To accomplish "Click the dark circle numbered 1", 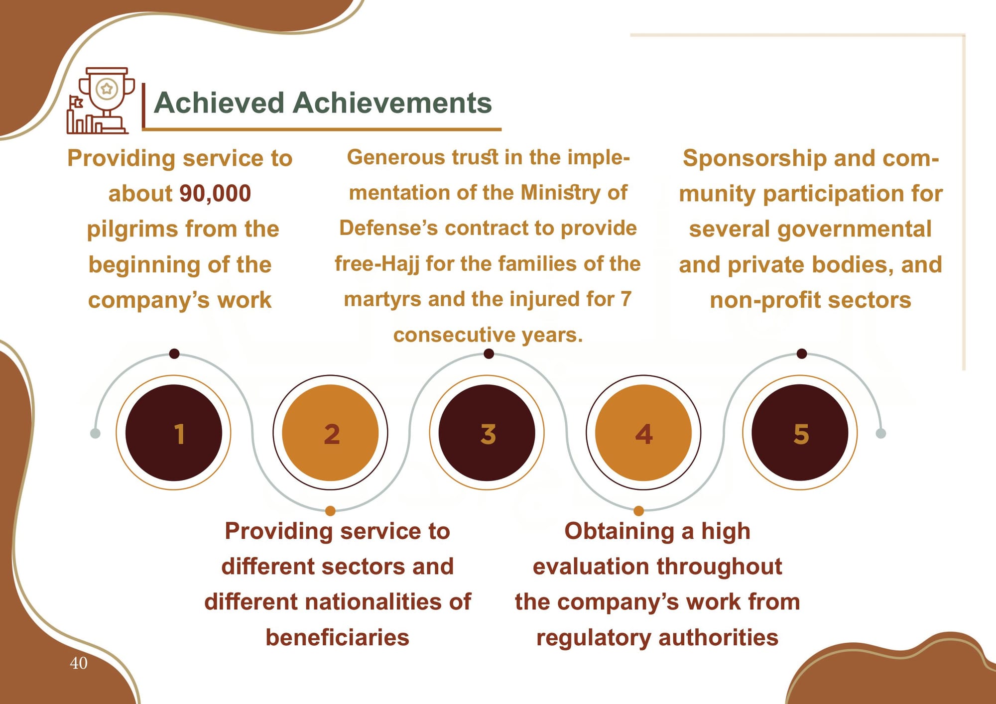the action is (174, 433).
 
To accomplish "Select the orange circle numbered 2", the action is (330, 433).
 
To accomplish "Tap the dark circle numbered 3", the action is (487, 433).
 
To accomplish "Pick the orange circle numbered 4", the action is (643, 433).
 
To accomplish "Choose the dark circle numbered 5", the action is (800, 433).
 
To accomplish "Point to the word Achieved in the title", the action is (219, 103).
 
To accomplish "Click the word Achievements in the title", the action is (392, 103).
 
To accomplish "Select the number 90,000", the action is (215, 194).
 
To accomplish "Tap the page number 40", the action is (79, 663).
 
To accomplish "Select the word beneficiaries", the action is (337, 638).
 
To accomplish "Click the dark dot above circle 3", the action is (489, 353).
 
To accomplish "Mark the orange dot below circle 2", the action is (330, 510).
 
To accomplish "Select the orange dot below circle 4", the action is (639, 510).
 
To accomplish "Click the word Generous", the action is (396, 157).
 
